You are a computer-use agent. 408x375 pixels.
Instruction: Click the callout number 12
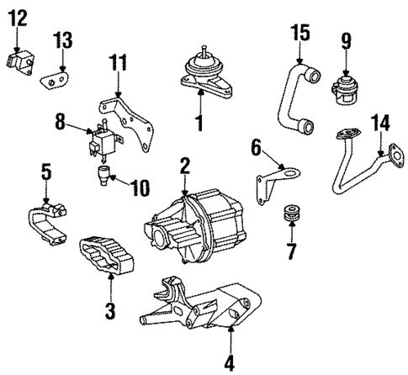click(18, 16)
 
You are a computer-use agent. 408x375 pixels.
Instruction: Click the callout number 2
click(183, 167)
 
